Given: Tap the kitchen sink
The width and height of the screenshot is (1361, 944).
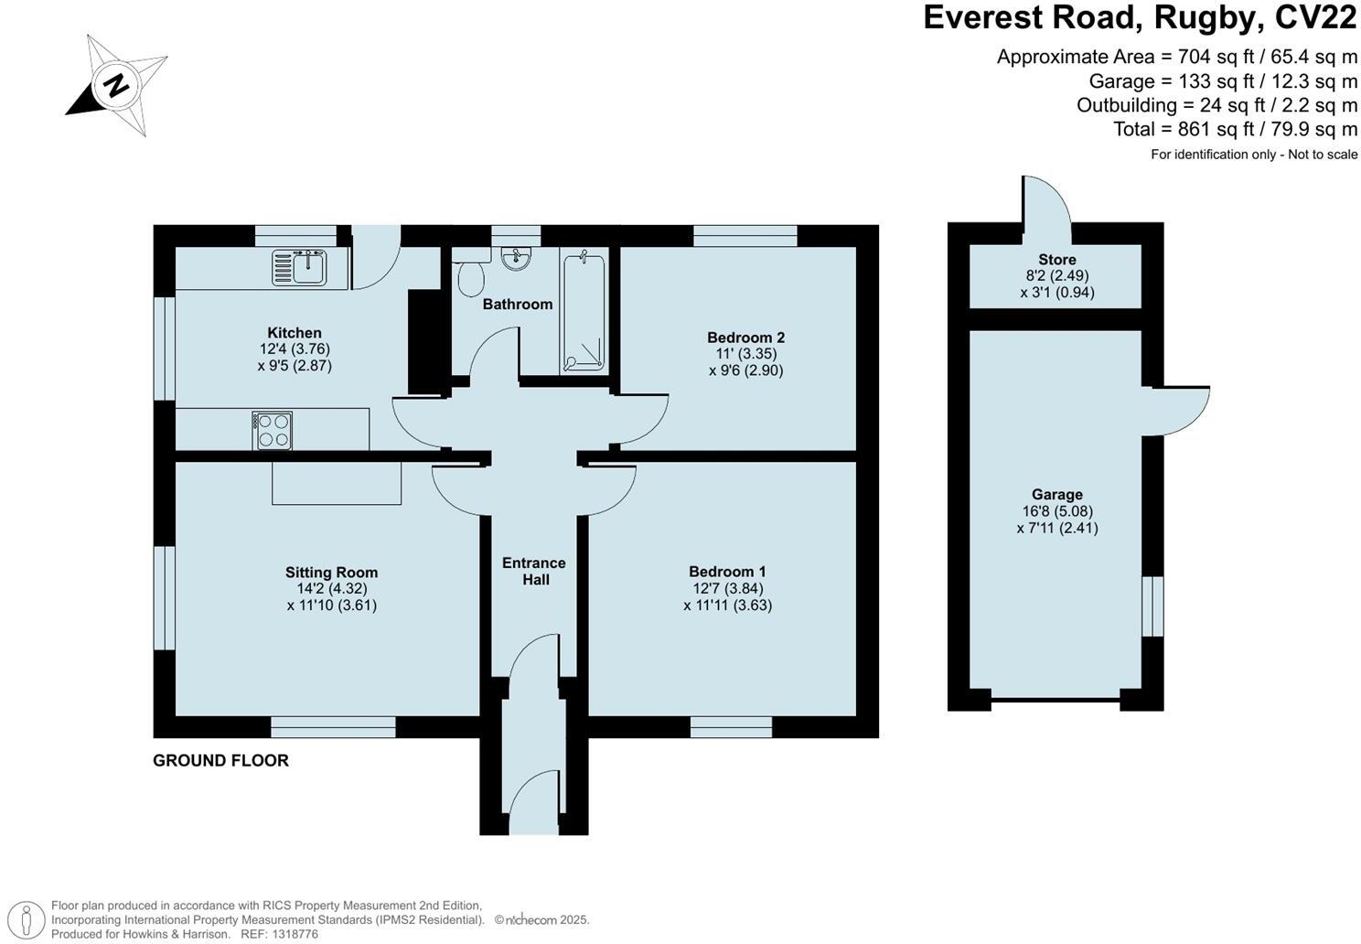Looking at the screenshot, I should coord(299,266).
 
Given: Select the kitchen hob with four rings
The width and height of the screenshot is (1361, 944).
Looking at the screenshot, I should coord(273,430).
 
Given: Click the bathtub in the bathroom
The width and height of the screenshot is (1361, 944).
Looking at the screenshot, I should coord(584,314).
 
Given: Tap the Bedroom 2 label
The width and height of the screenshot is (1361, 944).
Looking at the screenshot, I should coord(745,338).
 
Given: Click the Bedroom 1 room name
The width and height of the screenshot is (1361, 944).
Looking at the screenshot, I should coord(727,572).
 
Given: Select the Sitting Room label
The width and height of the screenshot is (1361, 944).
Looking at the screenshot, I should coord(331,573).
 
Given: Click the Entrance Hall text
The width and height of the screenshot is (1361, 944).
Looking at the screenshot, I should coord(534,571).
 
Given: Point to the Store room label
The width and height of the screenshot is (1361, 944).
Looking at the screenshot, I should coord(1056,260).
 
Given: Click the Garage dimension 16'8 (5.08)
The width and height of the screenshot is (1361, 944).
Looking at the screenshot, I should coord(1056,511).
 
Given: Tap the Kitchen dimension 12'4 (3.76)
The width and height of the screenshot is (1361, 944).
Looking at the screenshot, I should coord(295,349).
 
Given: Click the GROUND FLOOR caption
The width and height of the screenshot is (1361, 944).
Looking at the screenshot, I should coord(220,760).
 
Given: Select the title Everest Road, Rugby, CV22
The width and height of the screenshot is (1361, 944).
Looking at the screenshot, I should coord(1140,18).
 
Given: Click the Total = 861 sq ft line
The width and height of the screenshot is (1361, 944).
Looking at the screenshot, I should coord(1235,129).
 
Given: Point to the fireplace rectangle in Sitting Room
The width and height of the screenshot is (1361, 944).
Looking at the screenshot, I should coord(337,483).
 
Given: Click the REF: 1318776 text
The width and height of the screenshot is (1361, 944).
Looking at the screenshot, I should coord(279,934).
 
